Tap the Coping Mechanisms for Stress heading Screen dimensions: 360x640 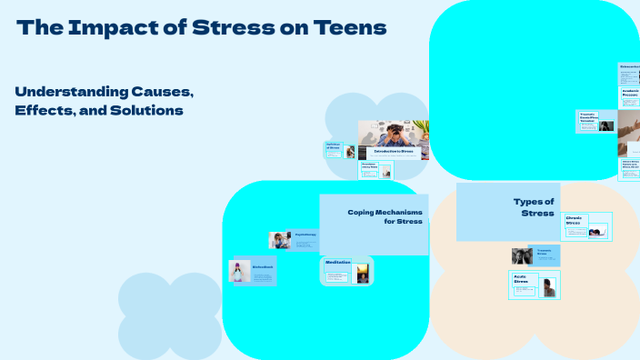[x=385, y=216]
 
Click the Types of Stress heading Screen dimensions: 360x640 [x=534, y=206]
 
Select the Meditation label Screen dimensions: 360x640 [x=337, y=263]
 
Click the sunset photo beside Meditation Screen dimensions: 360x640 [x=363, y=273]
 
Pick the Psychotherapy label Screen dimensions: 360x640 [x=305, y=235]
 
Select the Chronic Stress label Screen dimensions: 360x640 [x=574, y=220]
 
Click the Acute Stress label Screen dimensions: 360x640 [x=521, y=280]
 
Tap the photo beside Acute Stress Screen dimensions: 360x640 [x=548, y=287]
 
